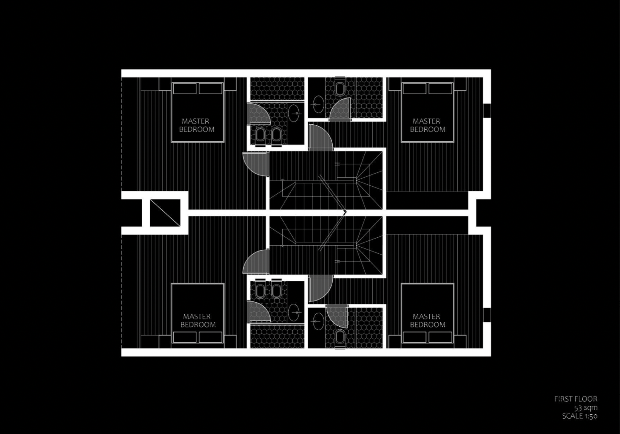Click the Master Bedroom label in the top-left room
pos(197,125)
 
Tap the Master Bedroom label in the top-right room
pos(427,125)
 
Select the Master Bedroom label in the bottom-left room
pos(197,320)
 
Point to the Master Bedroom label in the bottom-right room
pos(427,320)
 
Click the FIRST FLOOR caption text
pos(576,399)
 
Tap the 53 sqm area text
pos(586,408)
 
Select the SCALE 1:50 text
pos(580,416)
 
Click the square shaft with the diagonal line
pos(165,213)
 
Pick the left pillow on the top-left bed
pos(185,89)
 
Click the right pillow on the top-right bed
pos(440,89)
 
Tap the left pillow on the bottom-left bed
pos(185,337)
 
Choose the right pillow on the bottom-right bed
pos(440,337)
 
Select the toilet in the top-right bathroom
pos(340,89)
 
